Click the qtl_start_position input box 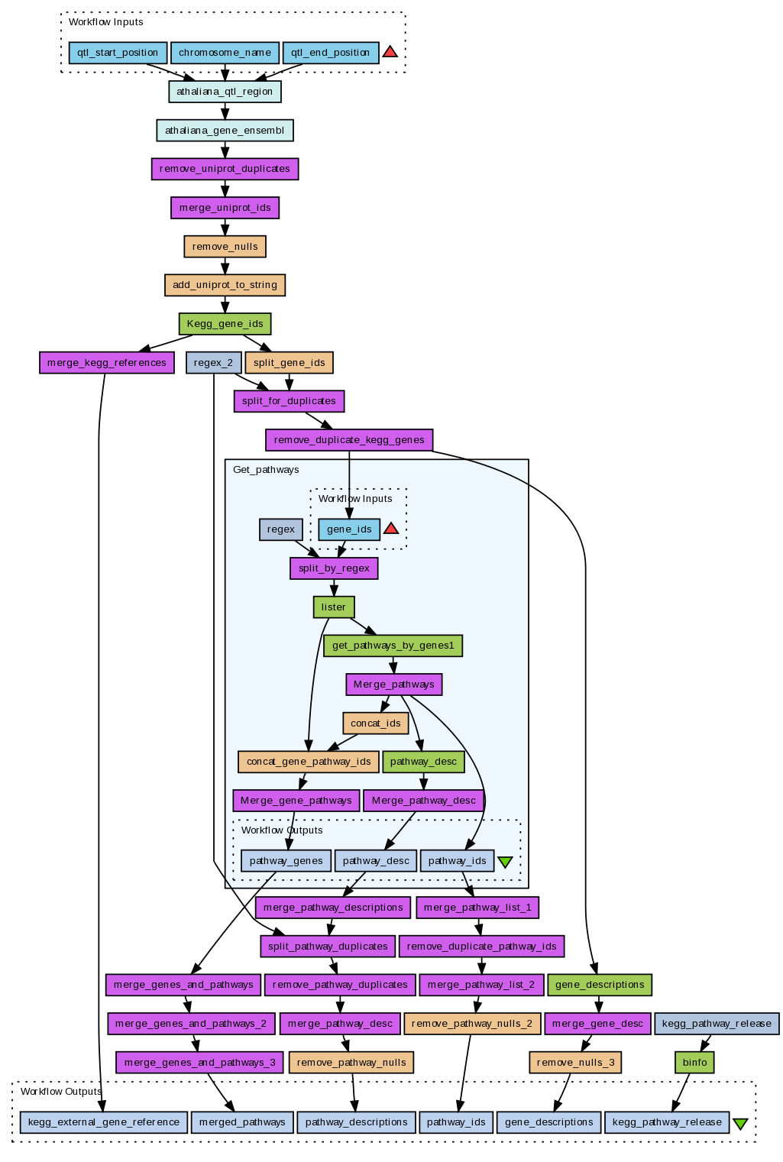[x=118, y=53]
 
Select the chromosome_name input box [x=225, y=53]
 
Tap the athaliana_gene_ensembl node [x=225, y=131]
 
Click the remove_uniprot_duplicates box [x=225, y=169]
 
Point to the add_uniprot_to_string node [x=225, y=285]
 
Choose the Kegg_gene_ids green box [x=225, y=324]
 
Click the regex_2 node [x=213, y=363]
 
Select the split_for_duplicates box [x=289, y=401]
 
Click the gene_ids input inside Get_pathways [x=349, y=529]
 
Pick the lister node [x=333, y=607]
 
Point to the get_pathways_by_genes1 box [x=393, y=646]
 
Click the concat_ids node [x=375, y=723]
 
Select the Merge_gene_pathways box [x=296, y=801]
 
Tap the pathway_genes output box [x=286, y=861]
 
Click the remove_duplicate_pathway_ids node [x=481, y=947]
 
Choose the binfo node [x=694, y=1063]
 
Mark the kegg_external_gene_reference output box [x=103, y=1122]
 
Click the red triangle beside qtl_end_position [x=390, y=52]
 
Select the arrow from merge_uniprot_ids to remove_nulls [x=225, y=227]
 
